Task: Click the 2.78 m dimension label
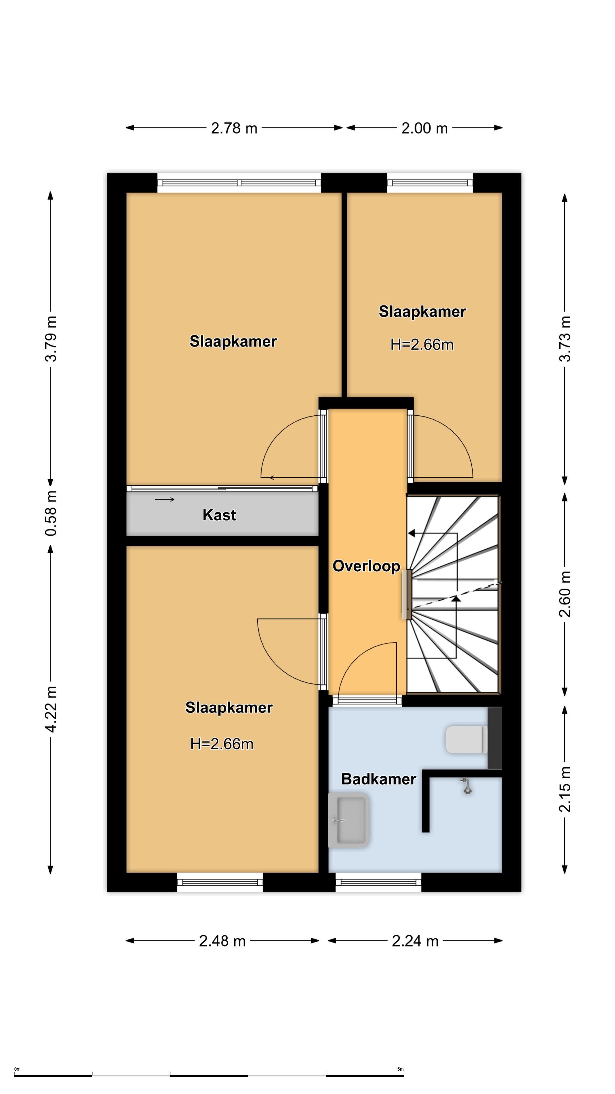click(234, 128)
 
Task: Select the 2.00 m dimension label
click(425, 128)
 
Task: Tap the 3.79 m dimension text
click(51, 338)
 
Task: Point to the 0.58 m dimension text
click(51, 513)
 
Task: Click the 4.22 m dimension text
click(51, 709)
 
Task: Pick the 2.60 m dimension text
click(565, 594)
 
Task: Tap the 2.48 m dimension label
click(222, 941)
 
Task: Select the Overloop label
click(366, 566)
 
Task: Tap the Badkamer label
click(379, 779)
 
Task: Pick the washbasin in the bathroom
click(349, 820)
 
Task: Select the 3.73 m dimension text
click(565, 338)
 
